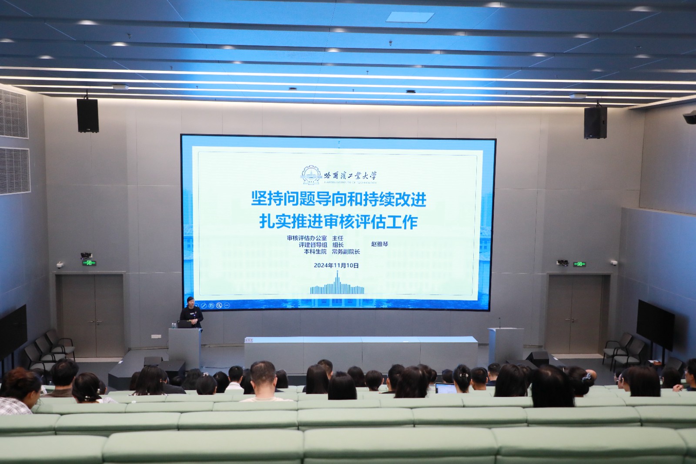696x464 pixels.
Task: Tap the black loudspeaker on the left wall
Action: [88, 115]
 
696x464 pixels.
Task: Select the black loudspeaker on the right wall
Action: [595, 122]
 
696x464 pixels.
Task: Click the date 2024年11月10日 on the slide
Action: [336, 266]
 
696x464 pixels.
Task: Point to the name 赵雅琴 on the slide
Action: [379, 244]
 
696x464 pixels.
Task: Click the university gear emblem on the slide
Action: [311, 175]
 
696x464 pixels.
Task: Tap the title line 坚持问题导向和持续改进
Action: [338, 199]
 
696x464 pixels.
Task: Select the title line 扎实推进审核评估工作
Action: [338, 222]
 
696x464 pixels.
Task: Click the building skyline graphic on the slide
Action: [337, 286]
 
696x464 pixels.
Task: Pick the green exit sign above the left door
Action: [89, 262]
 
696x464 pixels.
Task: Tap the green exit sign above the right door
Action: [579, 264]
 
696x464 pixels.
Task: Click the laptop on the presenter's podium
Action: [185, 324]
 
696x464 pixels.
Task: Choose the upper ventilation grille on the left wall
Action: [13, 114]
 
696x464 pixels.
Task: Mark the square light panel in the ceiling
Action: [410, 17]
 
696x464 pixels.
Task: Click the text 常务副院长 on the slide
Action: [346, 252]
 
